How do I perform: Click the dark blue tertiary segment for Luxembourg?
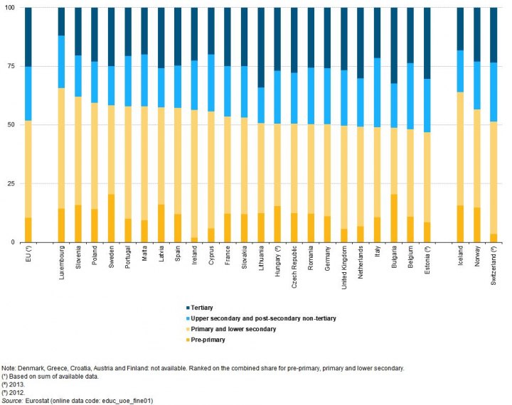click(x=61, y=21)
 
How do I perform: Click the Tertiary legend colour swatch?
click(x=186, y=308)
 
